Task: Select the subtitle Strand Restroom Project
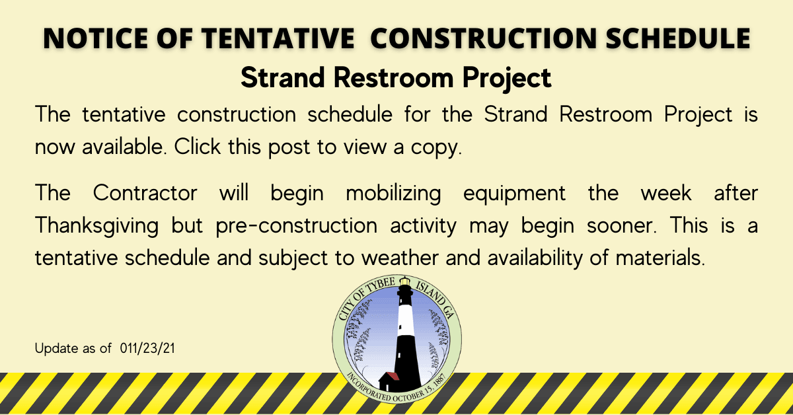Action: (396, 77)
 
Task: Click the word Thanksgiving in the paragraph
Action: (96, 225)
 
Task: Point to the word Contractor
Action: (145, 194)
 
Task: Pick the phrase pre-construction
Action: (296, 225)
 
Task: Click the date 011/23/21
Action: (148, 347)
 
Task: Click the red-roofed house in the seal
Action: (389, 379)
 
